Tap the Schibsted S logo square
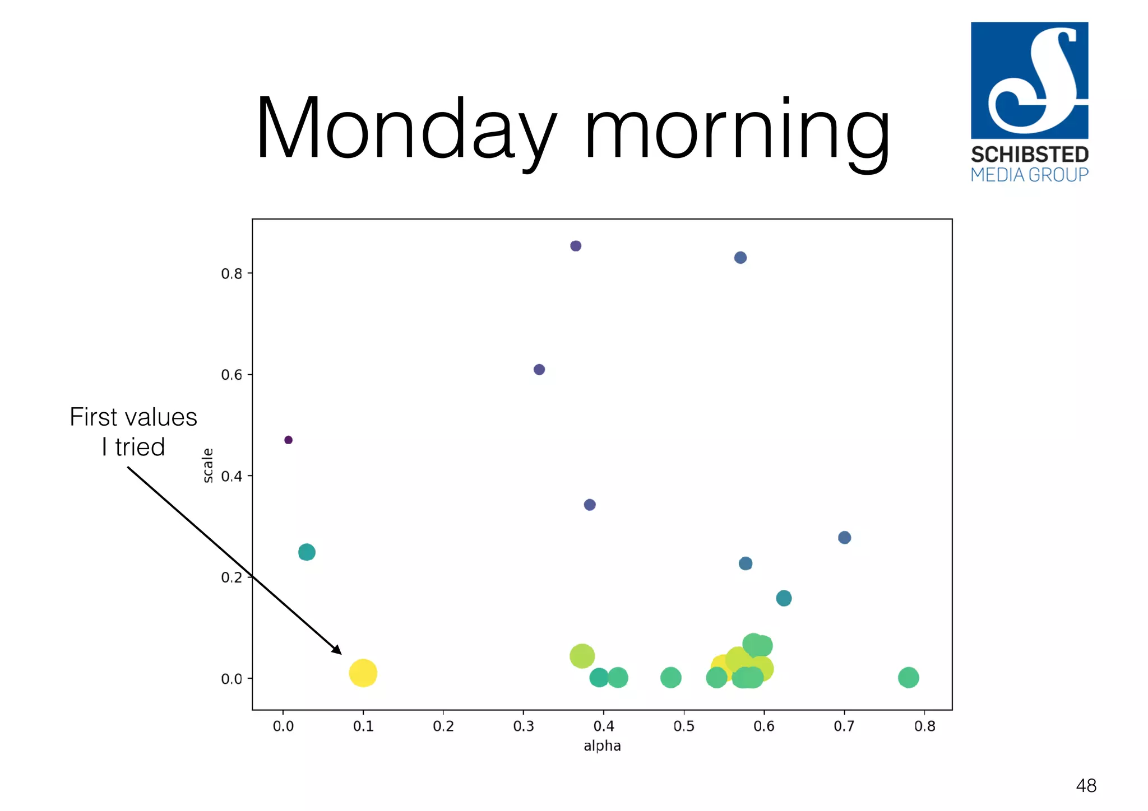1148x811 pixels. (1029, 80)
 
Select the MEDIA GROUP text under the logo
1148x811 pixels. (1029, 175)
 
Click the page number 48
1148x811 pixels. (1086, 785)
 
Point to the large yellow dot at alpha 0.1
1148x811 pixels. (363, 673)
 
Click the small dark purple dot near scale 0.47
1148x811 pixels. (288, 440)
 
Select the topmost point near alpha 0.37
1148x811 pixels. (576, 246)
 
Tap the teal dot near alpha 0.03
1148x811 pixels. (307, 552)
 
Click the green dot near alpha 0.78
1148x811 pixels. (908, 678)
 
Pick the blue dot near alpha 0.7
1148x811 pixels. (844, 538)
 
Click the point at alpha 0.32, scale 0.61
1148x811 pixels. (539, 370)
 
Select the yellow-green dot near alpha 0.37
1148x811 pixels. (582, 656)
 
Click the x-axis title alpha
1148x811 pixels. (602, 746)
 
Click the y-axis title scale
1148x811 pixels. (208, 465)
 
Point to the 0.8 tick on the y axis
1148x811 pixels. (232, 273)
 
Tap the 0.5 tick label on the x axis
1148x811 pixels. (683, 726)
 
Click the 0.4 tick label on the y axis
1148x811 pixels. (232, 476)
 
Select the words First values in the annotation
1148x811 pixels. (133, 417)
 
